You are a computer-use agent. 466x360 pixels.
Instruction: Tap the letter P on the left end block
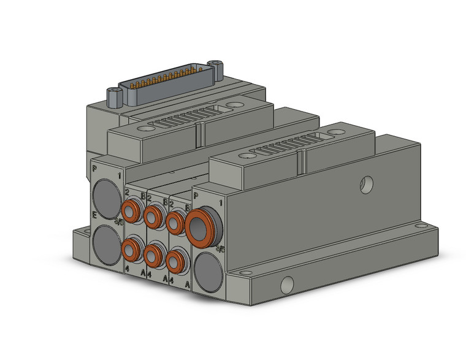click(94, 168)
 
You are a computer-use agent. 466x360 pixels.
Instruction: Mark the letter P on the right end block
click(196, 196)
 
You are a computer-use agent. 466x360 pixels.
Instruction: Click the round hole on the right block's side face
click(367, 183)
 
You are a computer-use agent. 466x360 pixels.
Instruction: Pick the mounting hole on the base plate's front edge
click(286, 285)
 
